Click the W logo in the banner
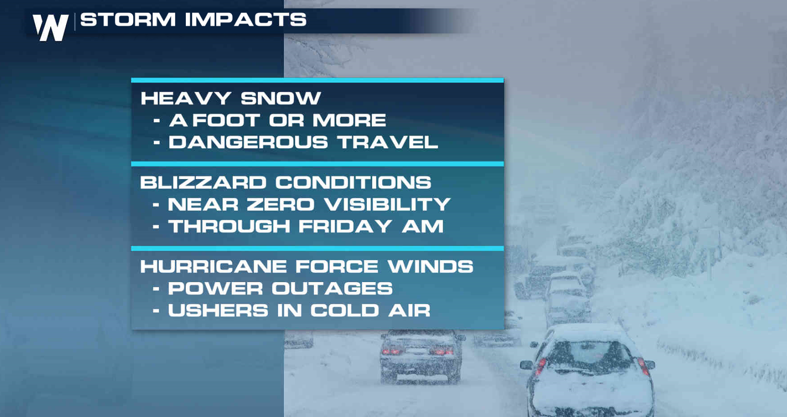click(x=51, y=27)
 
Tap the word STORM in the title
click(x=128, y=19)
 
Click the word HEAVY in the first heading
click(x=186, y=98)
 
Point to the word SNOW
click(x=281, y=98)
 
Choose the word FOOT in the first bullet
click(x=226, y=120)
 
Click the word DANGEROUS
click(x=248, y=142)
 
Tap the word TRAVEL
click(x=388, y=142)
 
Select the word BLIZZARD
click(x=203, y=182)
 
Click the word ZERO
click(x=280, y=204)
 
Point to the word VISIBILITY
click(x=387, y=204)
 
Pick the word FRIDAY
click(x=345, y=226)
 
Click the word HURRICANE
click(x=213, y=266)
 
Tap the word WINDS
click(x=431, y=266)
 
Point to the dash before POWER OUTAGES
click(x=156, y=289)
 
